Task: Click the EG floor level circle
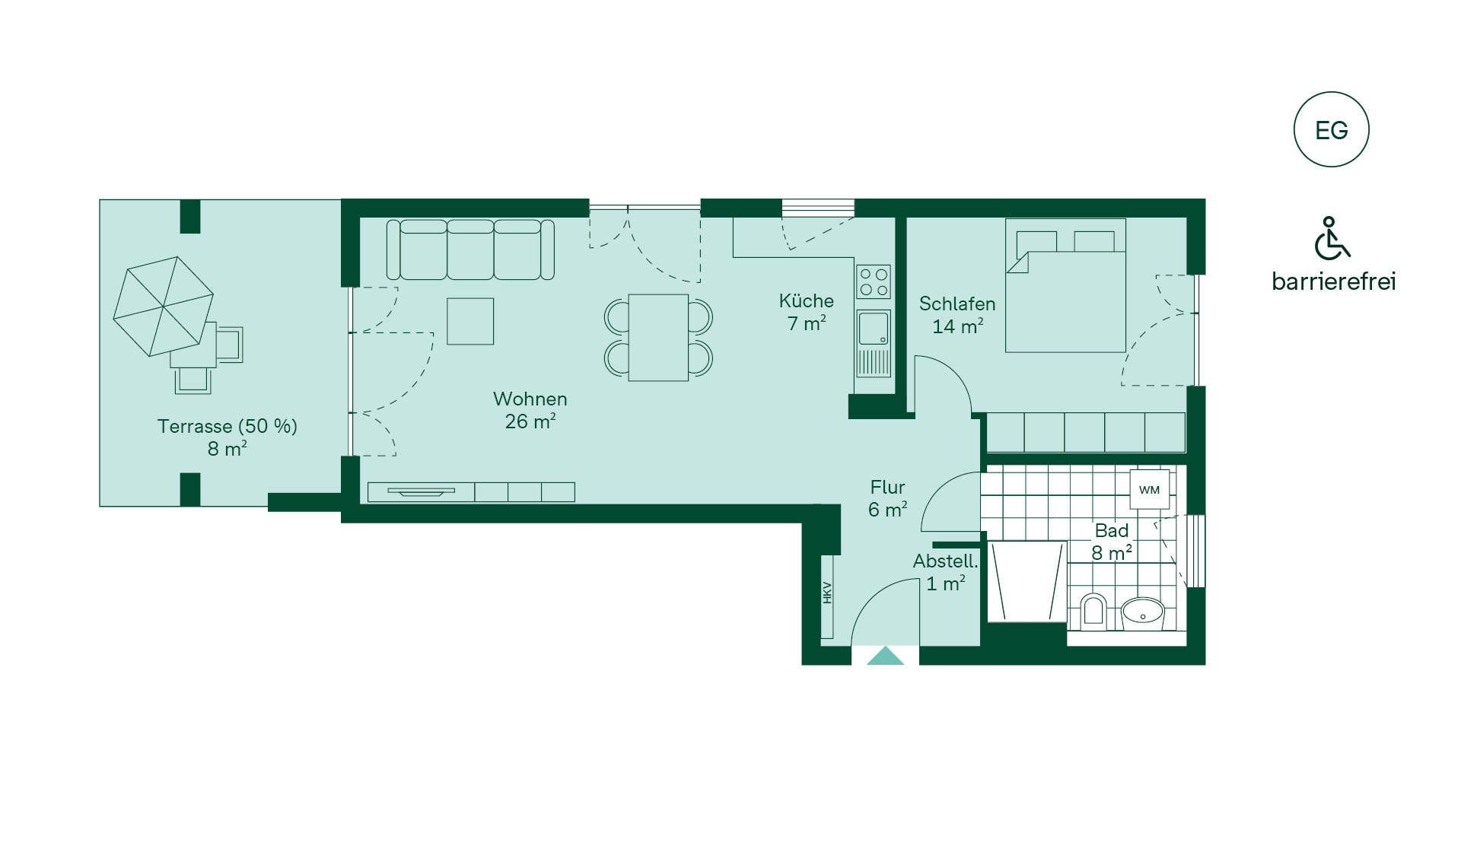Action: point(1331,129)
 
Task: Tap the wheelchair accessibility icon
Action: point(1332,238)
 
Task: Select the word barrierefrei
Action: point(1333,281)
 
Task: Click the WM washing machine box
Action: point(1149,489)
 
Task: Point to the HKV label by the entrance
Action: point(827,593)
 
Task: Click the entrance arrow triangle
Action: point(886,656)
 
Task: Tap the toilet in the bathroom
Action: point(1093,612)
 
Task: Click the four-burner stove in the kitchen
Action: point(874,282)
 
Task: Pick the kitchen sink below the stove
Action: point(874,328)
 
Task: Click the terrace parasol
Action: point(164,306)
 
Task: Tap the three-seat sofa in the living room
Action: point(470,250)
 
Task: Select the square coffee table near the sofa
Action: point(470,321)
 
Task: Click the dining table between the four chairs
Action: point(658,337)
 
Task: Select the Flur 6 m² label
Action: point(888,498)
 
